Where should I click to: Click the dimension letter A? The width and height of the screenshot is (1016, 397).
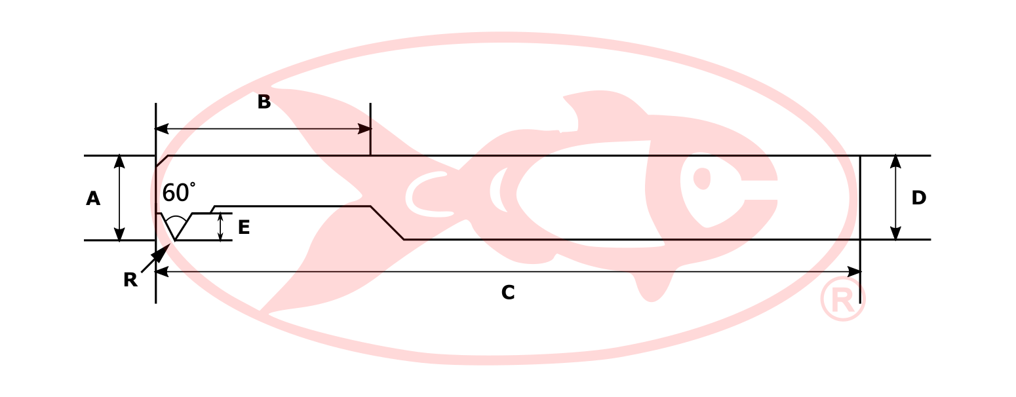(93, 198)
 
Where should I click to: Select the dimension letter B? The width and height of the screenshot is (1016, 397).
(264, 102)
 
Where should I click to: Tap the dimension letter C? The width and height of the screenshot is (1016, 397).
(508, 293)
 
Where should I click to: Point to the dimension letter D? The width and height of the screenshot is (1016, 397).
(918, 198)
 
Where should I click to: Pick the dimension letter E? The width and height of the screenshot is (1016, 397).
(244, 227)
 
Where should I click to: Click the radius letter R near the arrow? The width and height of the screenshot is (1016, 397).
(130, 280)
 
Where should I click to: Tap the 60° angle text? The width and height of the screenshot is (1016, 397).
(178, 193)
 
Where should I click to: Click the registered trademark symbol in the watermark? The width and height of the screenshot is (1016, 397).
(842, 299)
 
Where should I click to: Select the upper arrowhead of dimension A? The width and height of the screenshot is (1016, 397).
(119, 161)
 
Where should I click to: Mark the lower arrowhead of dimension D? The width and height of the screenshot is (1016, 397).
(895, 234)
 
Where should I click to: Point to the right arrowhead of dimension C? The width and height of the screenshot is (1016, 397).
(853, 272)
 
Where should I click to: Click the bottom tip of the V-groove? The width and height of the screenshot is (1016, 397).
(176, 240)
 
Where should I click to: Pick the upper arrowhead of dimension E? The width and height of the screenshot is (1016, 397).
(220, 217)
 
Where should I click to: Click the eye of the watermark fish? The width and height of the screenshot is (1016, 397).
(702, 178)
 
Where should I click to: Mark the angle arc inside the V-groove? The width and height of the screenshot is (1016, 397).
(176, 219)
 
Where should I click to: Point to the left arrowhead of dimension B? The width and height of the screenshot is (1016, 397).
(162, 129)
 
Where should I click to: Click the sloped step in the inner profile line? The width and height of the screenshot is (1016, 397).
(387, 223)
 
